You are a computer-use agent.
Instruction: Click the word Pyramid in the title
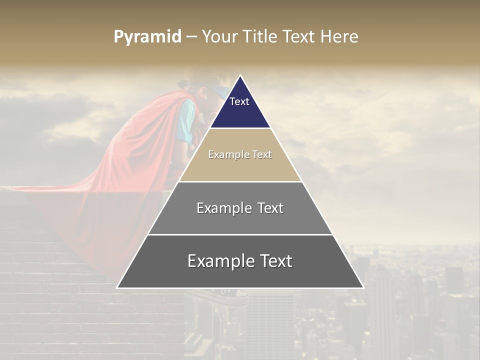(x=147, y=37)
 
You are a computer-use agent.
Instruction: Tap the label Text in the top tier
(x=239, y=101)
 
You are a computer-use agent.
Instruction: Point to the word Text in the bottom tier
(x=273, y=261)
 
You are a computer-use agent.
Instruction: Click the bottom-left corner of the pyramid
(x=117, y=288)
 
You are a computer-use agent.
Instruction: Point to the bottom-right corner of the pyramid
(x=363, y=288)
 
